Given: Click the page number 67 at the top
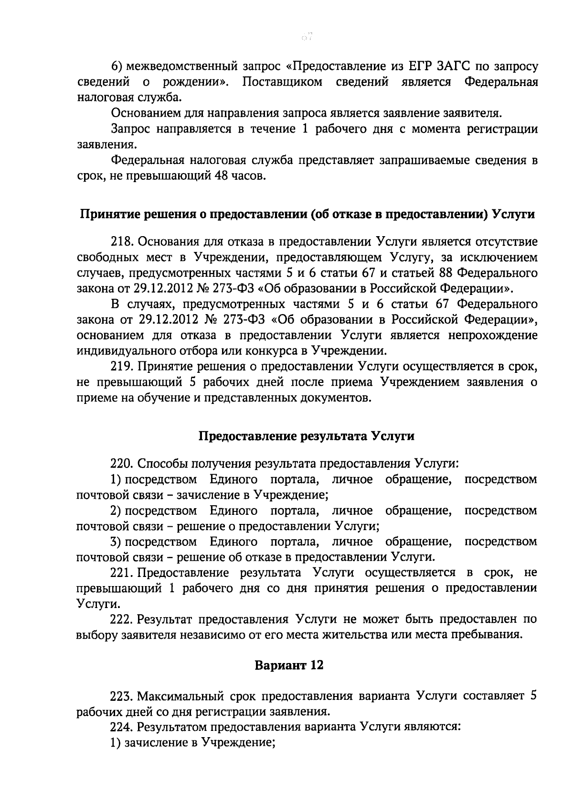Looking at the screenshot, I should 306,36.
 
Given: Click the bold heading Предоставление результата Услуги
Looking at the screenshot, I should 306,436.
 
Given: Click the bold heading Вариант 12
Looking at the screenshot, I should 289,665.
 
